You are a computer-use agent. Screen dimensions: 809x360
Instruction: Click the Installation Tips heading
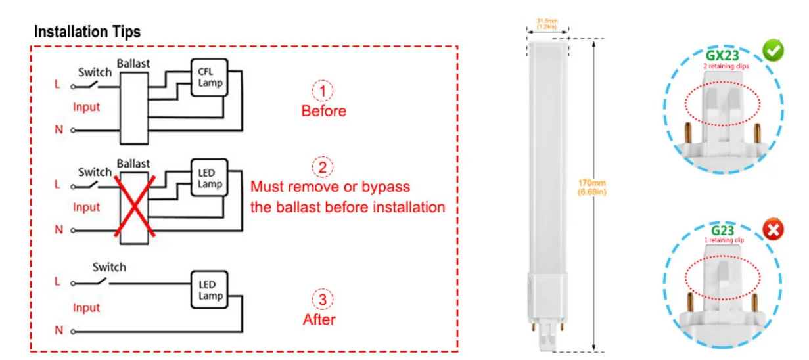87,32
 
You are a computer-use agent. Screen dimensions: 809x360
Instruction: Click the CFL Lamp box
210,78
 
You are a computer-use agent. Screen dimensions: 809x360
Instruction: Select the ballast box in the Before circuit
133,107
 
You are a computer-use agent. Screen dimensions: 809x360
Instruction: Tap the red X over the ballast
133,205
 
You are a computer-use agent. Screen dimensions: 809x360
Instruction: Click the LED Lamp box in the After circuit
210,290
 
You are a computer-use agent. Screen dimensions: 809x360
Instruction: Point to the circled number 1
322,91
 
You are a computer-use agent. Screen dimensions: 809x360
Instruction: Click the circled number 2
322,168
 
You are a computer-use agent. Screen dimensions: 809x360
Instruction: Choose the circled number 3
322,300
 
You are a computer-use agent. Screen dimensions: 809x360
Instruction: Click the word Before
323,111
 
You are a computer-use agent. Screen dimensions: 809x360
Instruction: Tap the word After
319,320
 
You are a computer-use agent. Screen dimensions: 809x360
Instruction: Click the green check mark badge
772,51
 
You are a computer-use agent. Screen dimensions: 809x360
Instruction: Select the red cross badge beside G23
773,230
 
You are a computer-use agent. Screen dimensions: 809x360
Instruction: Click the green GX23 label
725,55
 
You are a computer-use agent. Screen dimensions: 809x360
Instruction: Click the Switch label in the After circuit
109,267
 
